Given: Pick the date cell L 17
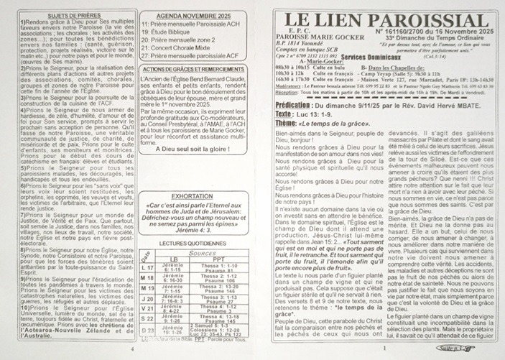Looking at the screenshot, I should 147,267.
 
